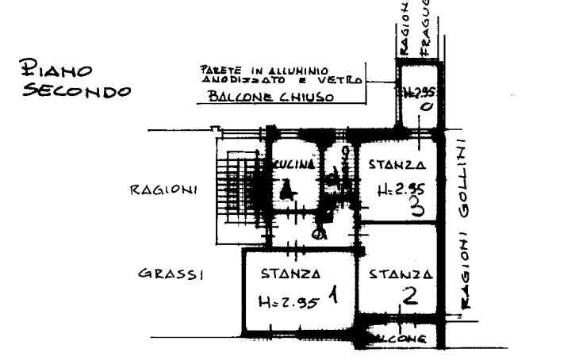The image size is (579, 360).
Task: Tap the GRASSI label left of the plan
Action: point(171,274)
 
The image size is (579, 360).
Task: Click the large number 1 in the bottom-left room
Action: point(333,297)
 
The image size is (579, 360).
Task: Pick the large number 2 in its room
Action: point(409,297)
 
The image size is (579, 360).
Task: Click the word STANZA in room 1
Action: point(291,274)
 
